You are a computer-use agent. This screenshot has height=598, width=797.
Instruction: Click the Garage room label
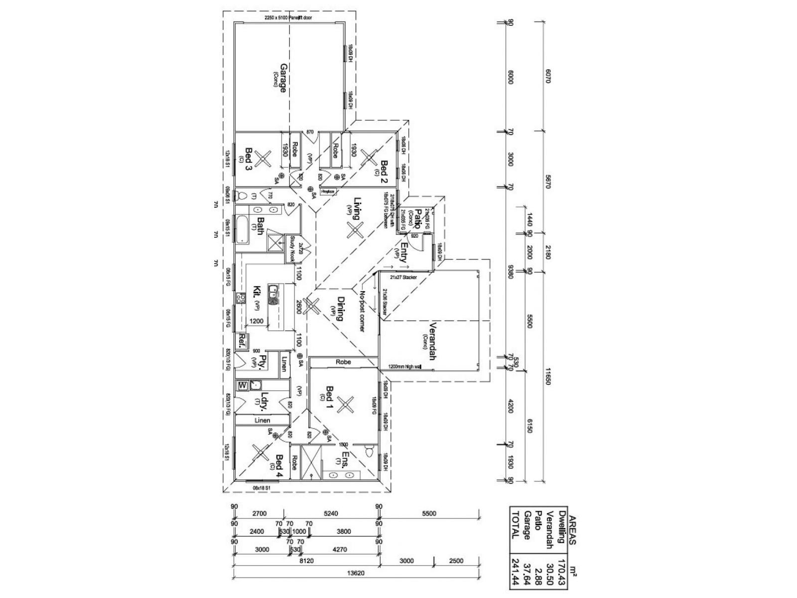tap(283, 78)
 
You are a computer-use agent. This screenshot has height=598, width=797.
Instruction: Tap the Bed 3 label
tap(248, 159)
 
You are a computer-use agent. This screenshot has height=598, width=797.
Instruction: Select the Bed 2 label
tap(384, 171)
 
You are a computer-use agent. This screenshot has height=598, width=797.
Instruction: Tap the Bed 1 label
tap(329, 397)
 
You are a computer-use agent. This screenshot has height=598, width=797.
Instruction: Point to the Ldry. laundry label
tap(265, 402)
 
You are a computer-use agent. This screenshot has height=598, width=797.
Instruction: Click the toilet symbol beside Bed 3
tap(244, 194)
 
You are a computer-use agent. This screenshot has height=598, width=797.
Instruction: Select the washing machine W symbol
tap(243, 385)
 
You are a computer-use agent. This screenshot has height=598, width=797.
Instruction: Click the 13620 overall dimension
tap(356, 573)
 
